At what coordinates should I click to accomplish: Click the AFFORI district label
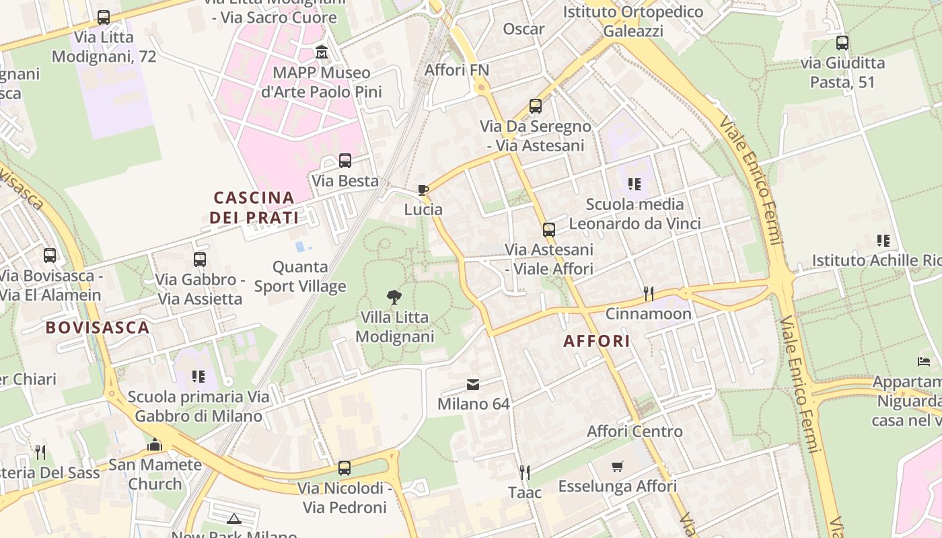[597, 341]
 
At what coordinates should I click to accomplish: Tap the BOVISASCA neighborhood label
[97, 328]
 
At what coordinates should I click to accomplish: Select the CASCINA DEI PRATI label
[254, 207]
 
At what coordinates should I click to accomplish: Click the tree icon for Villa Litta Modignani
[394, 297]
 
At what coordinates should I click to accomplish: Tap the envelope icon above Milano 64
[473, 385]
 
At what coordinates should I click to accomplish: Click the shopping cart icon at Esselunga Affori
[618, 466]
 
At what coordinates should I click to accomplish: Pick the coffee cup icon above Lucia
[423, 190]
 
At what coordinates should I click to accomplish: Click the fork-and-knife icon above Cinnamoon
[648, 293]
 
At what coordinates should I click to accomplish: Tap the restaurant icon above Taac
[525, 472]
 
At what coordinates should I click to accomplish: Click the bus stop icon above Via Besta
[345, 161]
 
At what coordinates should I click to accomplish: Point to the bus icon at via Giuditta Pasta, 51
[842, 43]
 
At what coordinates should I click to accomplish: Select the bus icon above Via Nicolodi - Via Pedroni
[345, 467]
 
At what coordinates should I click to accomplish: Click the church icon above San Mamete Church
[155, 445]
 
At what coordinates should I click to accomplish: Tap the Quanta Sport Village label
[300, 276]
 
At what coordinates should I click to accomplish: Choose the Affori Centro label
[635, 431]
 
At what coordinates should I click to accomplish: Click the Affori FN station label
[457, 70]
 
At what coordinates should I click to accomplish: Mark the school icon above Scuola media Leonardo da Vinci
[634, 184]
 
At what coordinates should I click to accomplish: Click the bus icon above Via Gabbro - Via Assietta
[200, 259]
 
